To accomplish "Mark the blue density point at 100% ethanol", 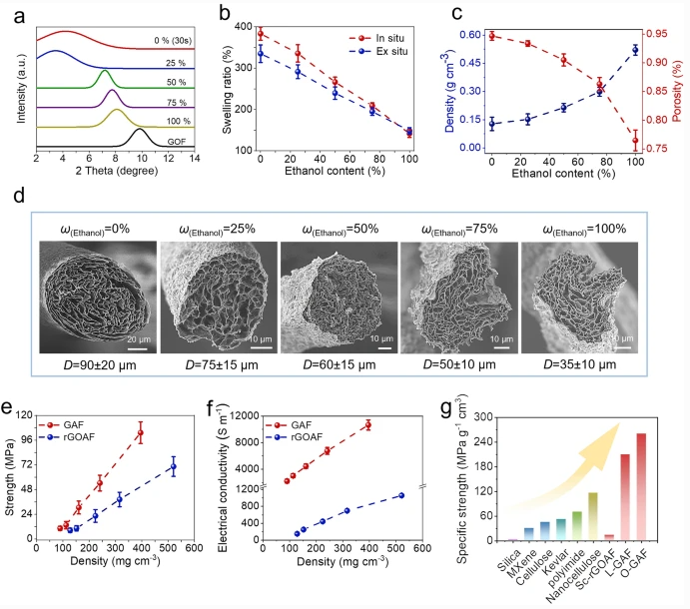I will [635, 49].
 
